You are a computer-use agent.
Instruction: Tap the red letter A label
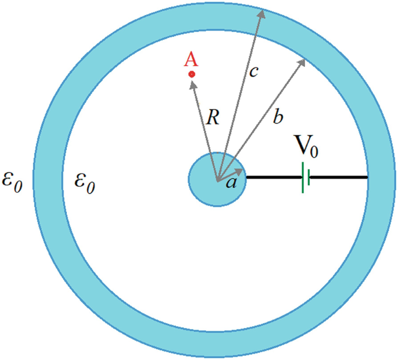tap(190, 59)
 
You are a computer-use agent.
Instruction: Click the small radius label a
tap(231, 183)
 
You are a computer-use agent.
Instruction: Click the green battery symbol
tap(305, 177)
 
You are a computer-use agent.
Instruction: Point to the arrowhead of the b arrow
tap(303, 61)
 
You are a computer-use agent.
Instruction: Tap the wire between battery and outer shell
tap(340, 177)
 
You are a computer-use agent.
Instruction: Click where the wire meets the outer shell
tap(367, 177)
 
